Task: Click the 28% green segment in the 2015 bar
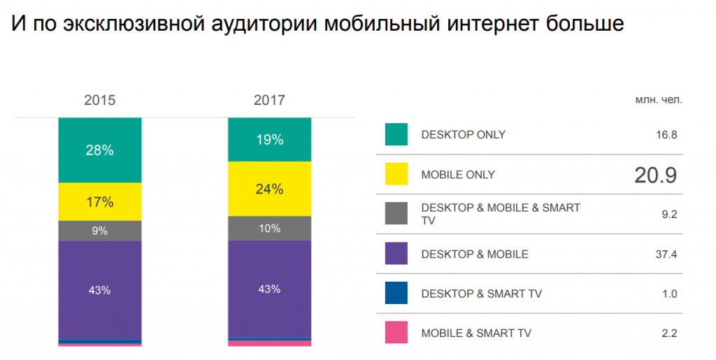pyautogui.click(x=100, y=150)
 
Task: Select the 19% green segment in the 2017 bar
pyautogui.click(x=269, y=140)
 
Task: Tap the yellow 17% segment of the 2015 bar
pyautogui.click(x=100, y=201)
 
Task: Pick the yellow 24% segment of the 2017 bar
pyautogui.click(x=269, y=189)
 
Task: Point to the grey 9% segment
pyautogui.click(x=100, y=231)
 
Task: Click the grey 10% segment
pyautogui.click(x=269, y=228)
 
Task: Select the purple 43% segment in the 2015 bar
pyautogui.click(x=100, y=290)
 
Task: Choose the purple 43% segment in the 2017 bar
pyautogui.click(x=269, y=289)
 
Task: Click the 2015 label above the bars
pyautogui.click(x=100, y=100)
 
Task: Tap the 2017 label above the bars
pyautogui.click(x=269, y=100)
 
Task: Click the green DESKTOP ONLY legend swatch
pyautogui.click(x=396, y=134)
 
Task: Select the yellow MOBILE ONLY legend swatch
pyautogui.click(x=396, y=174)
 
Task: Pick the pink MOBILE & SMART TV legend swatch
pyautogui.click(x=396, y=333)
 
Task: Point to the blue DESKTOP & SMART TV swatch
pyautogui.click(x=396, y=293)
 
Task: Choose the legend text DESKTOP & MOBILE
pyautogui.click(x=475, y=254)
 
